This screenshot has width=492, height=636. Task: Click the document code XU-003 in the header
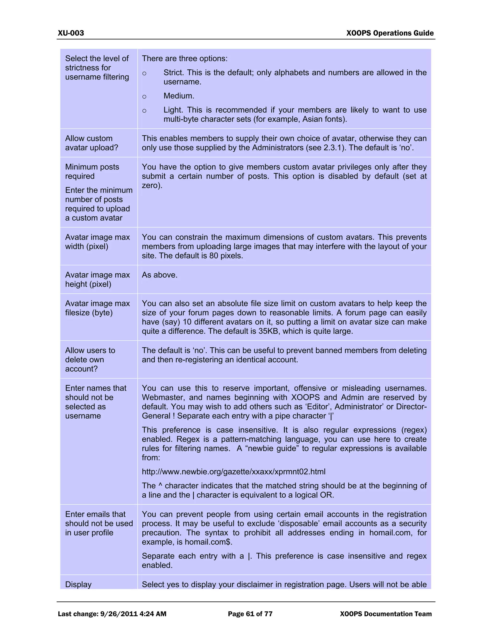pos(71,33)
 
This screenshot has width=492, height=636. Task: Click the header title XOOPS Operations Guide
pos(390,33)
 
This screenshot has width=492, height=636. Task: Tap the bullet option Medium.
pos(179,96)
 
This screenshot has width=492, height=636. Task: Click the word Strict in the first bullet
pos(173,72)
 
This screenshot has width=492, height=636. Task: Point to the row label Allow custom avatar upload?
pos(91,143)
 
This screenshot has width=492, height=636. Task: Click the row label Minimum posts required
pos(92,172)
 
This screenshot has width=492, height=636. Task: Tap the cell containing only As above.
pos(160,275)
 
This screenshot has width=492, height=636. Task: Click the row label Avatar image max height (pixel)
pos(97,280)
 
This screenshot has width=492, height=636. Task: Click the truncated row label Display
pos(78,584)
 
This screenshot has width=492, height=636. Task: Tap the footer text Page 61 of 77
pos(250,614)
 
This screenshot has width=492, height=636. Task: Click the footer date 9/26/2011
pos(119,614)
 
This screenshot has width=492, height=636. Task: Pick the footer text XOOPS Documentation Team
pos(385,614)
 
